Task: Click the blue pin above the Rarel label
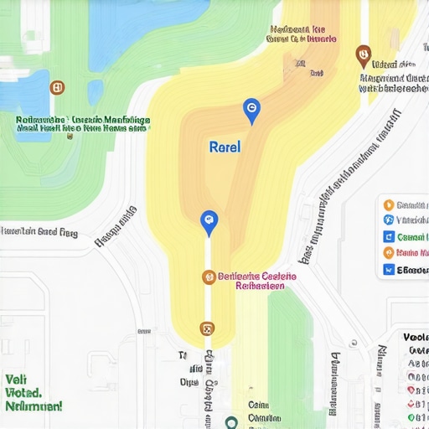251,109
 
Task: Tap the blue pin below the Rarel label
209,222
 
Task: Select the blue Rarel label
224,147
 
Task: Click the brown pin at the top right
363,55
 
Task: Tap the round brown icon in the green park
57,86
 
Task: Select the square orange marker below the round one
207,329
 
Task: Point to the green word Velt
16,378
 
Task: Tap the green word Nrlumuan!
34,406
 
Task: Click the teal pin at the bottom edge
231,421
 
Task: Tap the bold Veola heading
415,338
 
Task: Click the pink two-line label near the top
302,33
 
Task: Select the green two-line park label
83,125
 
